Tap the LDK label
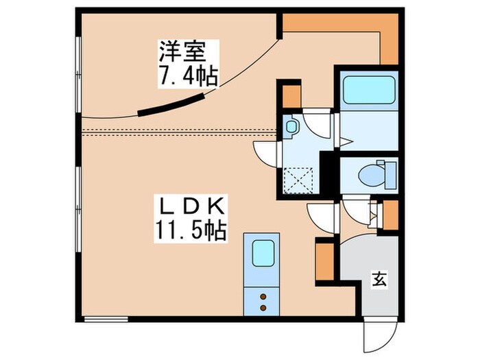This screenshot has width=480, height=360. click(x=193, y=205)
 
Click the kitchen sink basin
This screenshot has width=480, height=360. click(x=262, y=254)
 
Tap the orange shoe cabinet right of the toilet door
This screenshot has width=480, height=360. click(x=390, y=215)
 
